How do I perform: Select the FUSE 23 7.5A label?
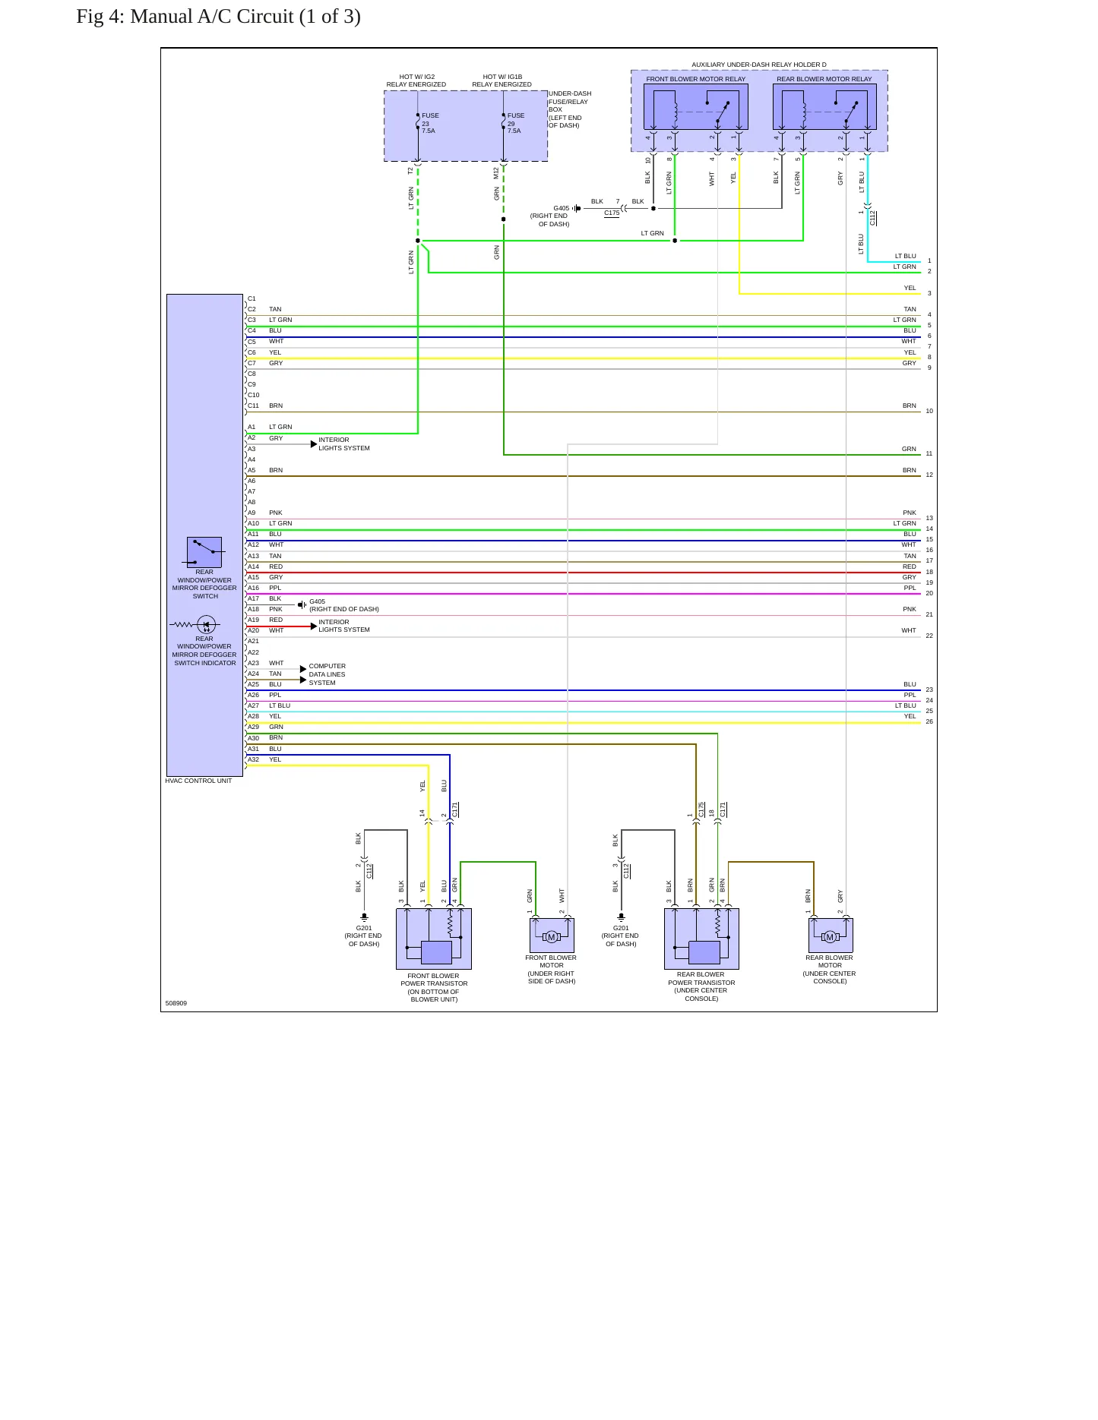click(430, 123)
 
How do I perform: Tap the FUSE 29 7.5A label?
click(516, 123)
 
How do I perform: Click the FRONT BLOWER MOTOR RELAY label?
click(696, 79)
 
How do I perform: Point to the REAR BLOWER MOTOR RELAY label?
click(824, 79)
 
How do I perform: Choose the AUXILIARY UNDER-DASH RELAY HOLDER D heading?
click(759, 65)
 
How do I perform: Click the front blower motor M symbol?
click(552, 937)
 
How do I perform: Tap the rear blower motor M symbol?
click(830, 937)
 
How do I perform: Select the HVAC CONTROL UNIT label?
click(198, 781)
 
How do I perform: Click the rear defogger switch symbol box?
click(204, 552)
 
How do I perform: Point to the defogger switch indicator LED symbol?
click(206, 625)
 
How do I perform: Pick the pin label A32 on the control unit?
click(253, 759)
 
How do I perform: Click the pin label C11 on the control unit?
click(253, 405)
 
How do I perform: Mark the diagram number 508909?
click(176, 1003)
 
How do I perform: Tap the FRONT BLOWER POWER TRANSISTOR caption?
click(434, 987)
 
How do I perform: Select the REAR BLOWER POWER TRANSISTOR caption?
click(701, 986)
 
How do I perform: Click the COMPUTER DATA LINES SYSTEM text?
click(327, 674)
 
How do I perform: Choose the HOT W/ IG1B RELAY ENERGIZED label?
click(502, 80)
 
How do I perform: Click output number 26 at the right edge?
click(929, 721)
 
